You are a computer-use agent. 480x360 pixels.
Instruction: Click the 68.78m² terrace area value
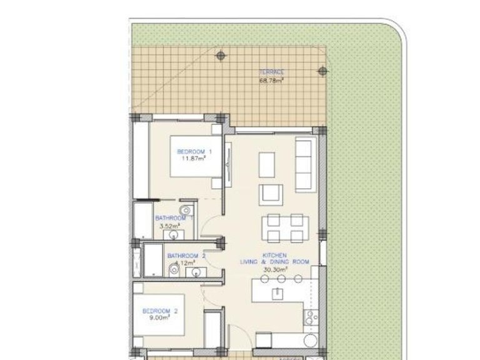[x=272, y=80]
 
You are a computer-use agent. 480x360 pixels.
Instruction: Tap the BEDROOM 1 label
[x=194, y=152]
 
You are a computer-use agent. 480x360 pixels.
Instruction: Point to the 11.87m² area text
[x=194, y=159]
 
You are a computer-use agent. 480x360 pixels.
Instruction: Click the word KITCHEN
[x=274, y=256]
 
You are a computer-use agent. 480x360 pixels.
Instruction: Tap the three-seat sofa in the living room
[x=304, y=165]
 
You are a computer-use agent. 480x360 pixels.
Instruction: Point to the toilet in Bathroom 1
[x=186, y=209]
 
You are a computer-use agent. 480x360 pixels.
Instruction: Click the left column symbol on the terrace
[x=220, y=56]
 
